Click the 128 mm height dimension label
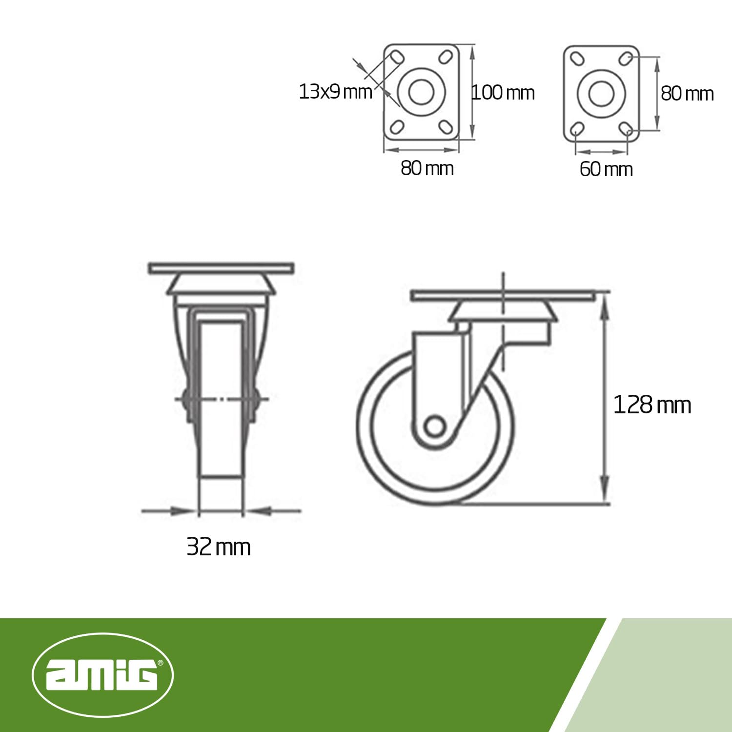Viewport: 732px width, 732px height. (x=651, y=405)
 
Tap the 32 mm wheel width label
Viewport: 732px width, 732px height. (x=218, y=547)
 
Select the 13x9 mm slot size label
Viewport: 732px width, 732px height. (x=335, y=92)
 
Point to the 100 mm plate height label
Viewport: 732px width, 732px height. (x=503, y=92)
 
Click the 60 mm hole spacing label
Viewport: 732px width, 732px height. (x=606, y=169)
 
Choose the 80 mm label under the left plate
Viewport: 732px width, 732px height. (x=427, y=168)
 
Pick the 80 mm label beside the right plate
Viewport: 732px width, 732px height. (x=687, y=94)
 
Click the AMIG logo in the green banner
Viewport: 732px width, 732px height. (x=102, y=675)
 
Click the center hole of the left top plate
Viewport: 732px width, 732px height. (x=421, y=92)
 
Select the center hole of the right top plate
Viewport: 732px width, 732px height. (x=601, y=93)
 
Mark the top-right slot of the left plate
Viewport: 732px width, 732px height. (x=445, y=57)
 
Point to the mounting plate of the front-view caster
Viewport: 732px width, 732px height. (x=221, y=268)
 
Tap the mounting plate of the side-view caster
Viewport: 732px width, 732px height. (x=503, y=296)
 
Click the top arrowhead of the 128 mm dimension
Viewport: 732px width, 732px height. (x=605, y=305)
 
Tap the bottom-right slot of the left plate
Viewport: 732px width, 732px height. (x=445, y=127)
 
